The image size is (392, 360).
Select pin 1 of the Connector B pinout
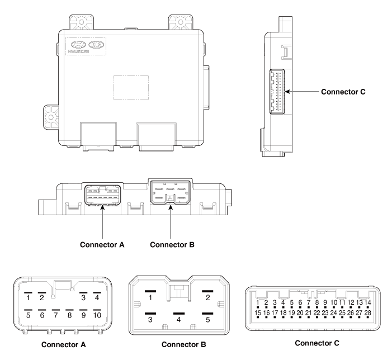click(150, 297)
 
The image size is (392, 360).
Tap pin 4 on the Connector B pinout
click(179, 319)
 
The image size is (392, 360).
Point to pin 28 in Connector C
click(367, 312)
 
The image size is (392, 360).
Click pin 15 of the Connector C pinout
click(258, 312)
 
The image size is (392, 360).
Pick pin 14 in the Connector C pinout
click(367, 302)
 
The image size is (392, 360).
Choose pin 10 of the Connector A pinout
click(97, 315)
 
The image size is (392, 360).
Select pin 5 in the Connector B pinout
click(208, 319)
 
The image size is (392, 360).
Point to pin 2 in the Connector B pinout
click(208, 297)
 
